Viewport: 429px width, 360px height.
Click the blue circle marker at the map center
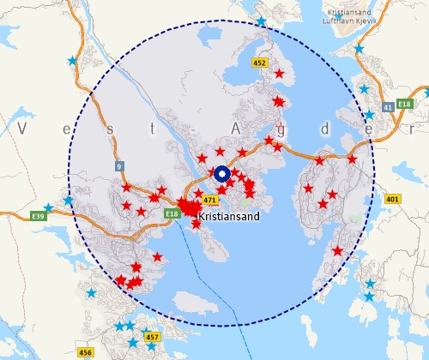coord(222,175)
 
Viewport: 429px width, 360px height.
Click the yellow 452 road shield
coord(260,63)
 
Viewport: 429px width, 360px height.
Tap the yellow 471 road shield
coord(209,200)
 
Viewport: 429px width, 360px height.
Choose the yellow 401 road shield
coord(393,199)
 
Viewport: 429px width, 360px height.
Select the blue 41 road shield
coord(389,106)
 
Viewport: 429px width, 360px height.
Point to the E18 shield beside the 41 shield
coord(407,105)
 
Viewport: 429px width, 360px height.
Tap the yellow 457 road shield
coord(153,338)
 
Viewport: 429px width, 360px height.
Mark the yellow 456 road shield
coord(85,352)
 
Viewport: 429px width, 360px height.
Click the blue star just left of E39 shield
coord(49,207)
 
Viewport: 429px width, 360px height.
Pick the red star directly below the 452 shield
coord(278,75)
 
